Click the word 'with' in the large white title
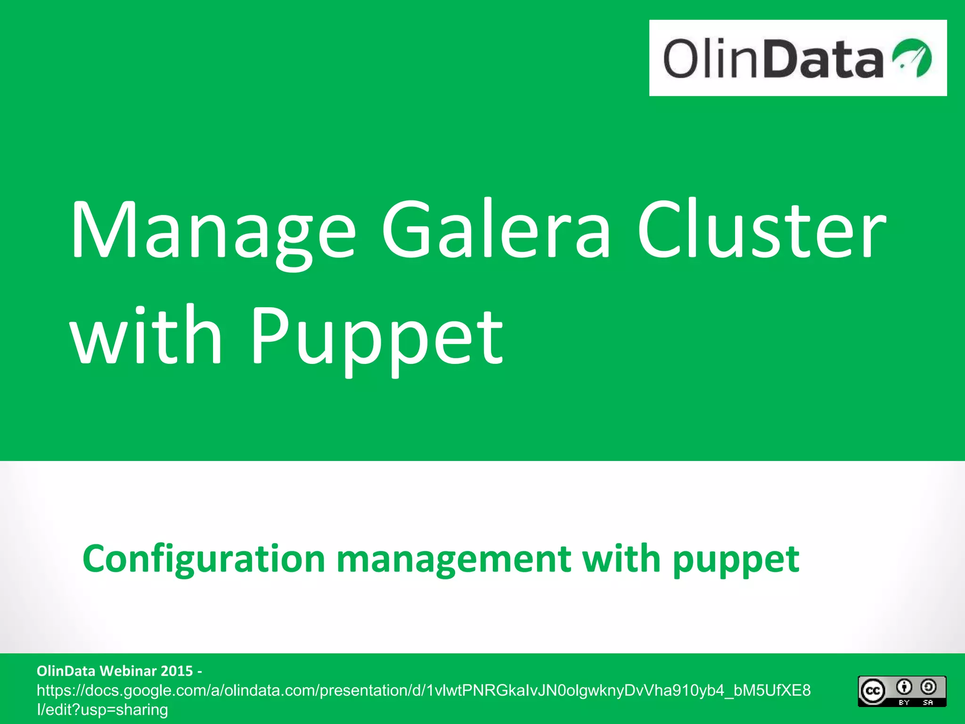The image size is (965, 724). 146,335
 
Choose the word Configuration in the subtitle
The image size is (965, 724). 204,559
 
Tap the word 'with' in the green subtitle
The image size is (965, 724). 621,559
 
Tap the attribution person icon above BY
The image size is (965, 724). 904,687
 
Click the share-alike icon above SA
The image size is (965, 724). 928,687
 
